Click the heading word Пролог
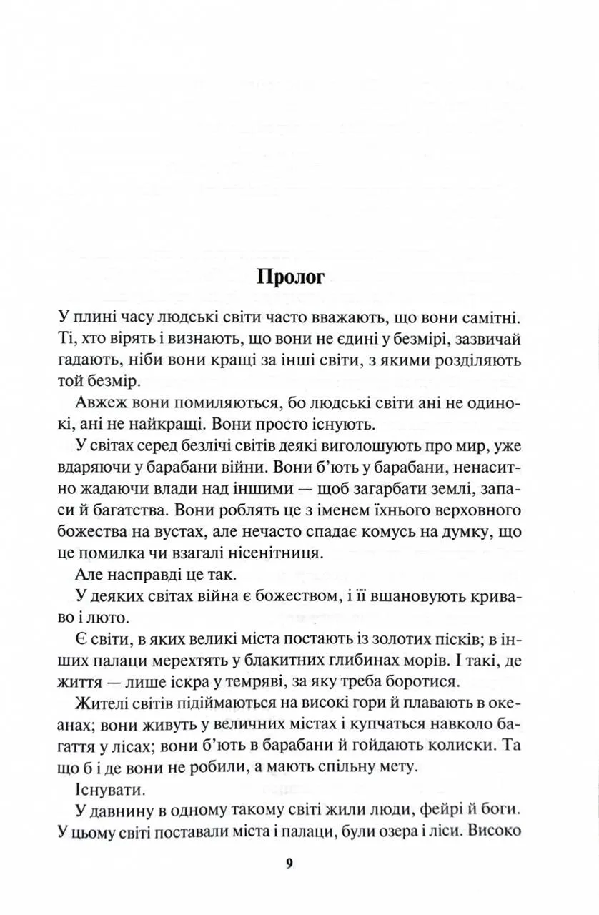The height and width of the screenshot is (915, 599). (289, 277)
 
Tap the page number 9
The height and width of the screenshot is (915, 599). (289, 863)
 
